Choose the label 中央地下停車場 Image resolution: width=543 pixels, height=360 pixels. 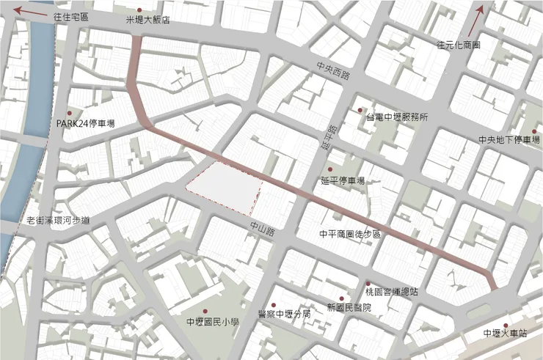coord(509,140)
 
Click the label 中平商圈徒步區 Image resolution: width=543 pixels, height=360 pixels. coord(350,235)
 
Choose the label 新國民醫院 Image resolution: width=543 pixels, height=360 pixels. coord(349,307)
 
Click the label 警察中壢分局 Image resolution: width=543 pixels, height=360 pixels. coord(285,314)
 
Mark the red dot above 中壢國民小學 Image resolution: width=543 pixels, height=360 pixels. coord(214,311)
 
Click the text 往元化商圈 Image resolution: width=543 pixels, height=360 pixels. coord(458,45)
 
